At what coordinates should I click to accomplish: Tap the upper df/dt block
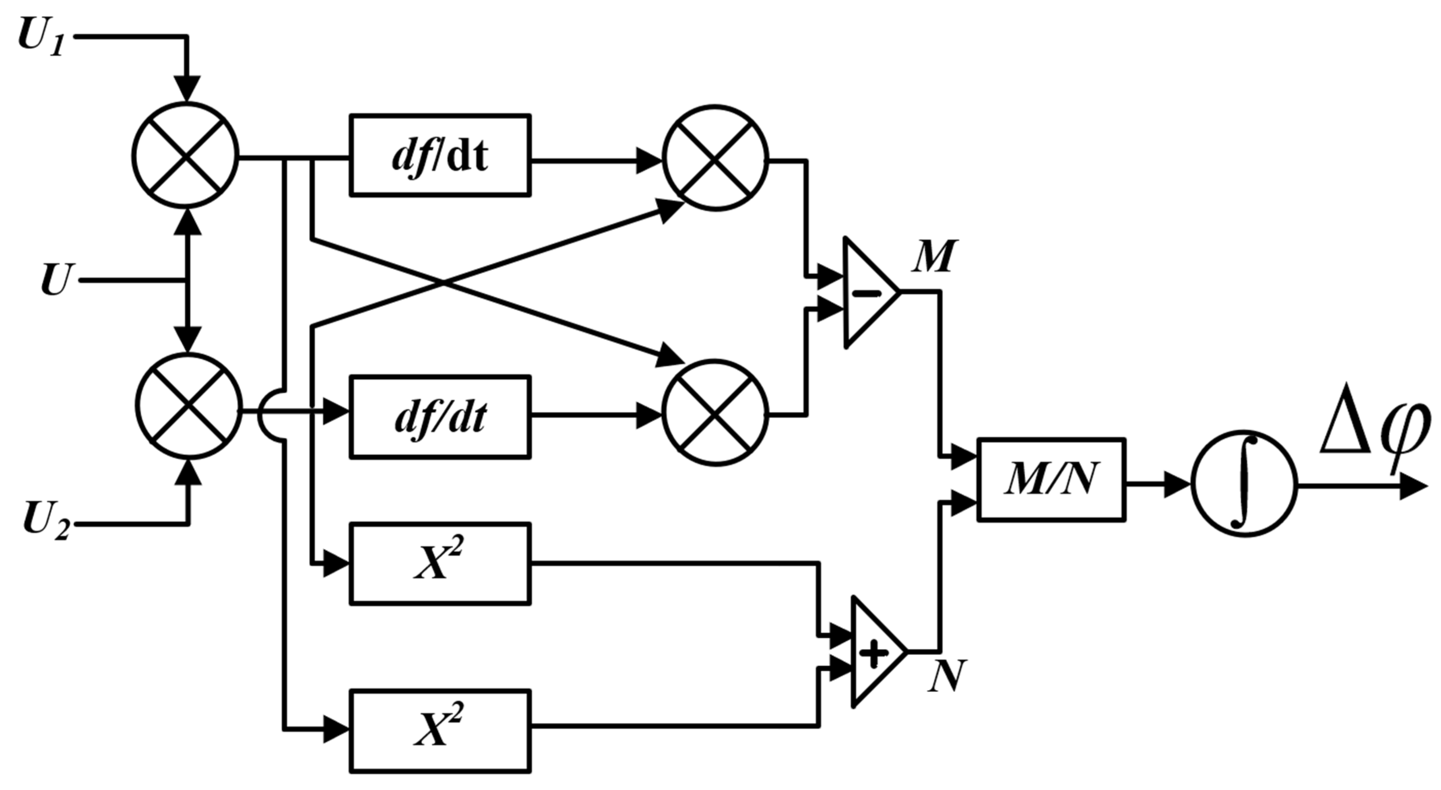tap(440, 155)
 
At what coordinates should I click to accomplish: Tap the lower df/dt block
tap(440, 417)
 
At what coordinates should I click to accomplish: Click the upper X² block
tap(440, 563)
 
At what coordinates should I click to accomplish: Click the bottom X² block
tap(440, 731)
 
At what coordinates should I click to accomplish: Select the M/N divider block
tap(1051, 480)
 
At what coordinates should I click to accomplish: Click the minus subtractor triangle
tap(867, 293)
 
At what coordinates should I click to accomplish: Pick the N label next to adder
tap(946, 677)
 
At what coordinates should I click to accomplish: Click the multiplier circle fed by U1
tap(186, 155)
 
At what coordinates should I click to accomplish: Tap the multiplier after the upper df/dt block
tap(715, 158)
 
